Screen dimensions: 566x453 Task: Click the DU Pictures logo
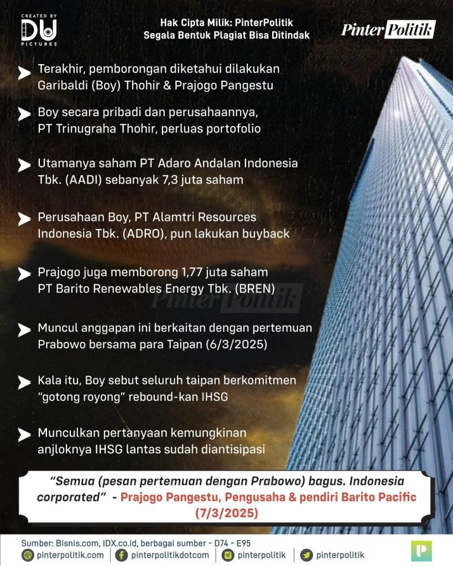pos(39,30)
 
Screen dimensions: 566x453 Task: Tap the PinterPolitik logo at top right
pos(388,29)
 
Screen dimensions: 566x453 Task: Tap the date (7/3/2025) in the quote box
pos(227,512)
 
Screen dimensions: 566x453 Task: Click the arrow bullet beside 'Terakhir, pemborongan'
pos(24,74)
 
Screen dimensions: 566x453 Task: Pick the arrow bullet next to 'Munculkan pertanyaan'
pos(24,435)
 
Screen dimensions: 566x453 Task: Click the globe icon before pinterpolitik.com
pos(27,555)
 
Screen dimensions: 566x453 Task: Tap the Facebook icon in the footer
pos(121,555)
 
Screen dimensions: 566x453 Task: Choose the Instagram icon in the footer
pos(227,555)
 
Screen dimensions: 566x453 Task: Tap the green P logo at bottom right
pos(421,551)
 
